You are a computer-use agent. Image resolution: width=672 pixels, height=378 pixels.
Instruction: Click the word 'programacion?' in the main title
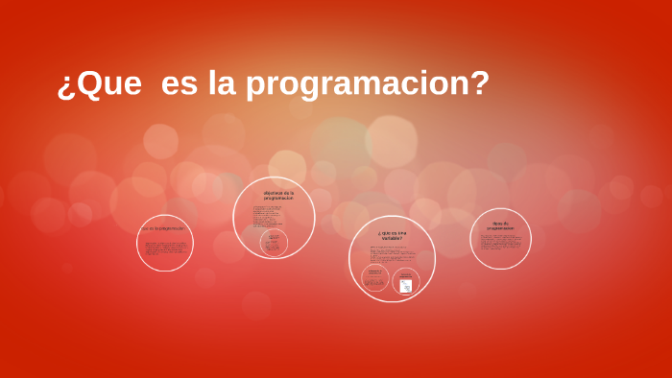tap(368, 84)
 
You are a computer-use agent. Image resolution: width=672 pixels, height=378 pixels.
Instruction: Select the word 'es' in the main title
tap(180, 84)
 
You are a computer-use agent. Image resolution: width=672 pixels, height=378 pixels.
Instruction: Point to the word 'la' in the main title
tap(223, 84)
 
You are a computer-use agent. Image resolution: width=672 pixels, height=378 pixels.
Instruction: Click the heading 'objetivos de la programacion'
tap(278, 195)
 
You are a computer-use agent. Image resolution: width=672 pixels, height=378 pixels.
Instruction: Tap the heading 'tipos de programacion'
tap(500, 227)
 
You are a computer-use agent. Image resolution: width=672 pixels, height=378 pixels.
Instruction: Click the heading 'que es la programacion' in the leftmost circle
tap(163, 229)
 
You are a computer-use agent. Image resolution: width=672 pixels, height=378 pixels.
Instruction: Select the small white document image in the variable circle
tap(406, 286)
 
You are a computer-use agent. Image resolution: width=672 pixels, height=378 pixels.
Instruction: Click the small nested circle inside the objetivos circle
tap(275, 244)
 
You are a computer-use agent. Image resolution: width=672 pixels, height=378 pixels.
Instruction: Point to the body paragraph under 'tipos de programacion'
tap(500, 244)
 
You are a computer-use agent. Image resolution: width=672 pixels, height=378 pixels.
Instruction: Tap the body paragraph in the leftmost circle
tap(165, 248)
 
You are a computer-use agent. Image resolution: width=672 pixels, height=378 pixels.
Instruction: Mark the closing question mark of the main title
tap(480, 84)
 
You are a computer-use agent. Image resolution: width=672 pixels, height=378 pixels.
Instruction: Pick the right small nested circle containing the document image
tap(406, 280)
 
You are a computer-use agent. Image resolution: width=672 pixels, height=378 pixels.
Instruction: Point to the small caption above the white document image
tap(406, 274)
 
